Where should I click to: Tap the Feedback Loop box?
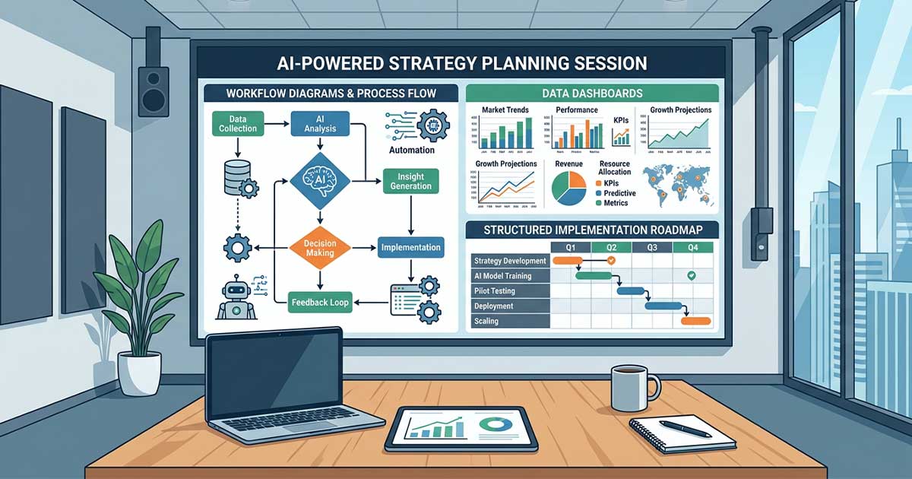click(319, 303)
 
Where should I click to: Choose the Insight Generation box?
click(410, 182)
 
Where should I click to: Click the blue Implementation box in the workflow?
click(410, 248)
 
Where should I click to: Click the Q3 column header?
click(651, 247)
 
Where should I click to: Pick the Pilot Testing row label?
click(493, 291)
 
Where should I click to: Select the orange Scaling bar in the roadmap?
click(695, 321)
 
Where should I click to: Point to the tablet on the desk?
click(461, 427)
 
